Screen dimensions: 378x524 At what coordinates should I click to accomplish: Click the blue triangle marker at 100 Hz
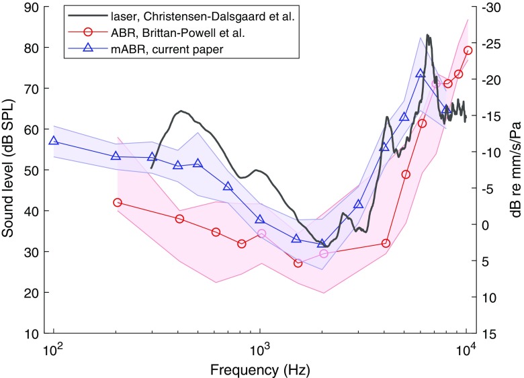coord(54,141)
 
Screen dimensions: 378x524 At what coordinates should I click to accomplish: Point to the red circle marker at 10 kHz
coord(468,50)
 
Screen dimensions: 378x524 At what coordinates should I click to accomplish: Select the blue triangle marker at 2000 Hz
coord(322,243)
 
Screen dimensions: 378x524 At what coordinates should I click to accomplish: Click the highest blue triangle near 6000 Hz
coord(421,73)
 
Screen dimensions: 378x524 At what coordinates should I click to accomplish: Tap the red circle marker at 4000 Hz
coord(386,243)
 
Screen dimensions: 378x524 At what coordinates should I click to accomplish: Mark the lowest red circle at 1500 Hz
coord(298,263)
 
